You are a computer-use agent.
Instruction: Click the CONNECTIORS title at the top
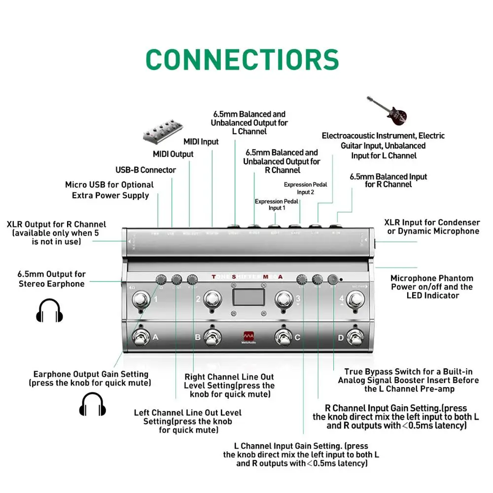coord(243,59)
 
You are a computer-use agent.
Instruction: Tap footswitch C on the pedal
coord(283,338)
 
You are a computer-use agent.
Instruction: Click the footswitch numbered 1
coord(140,300)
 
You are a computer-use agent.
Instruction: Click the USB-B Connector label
coord(145,170)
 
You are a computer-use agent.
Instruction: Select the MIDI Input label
coord(201,142)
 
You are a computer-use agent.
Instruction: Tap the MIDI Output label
coord(173,154)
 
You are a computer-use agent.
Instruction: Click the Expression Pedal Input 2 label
coord(306,188)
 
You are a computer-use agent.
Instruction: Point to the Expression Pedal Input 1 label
coord(277,205)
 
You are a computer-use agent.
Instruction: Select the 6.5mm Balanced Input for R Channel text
coord(388,180)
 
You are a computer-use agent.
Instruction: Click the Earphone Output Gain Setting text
coord(91,379)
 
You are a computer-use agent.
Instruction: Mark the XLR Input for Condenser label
coord(432,227)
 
